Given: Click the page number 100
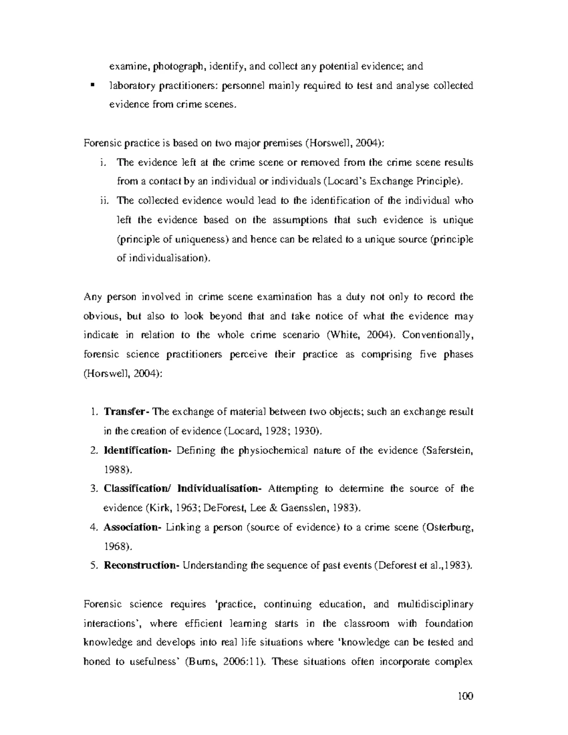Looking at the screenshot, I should [465, 696].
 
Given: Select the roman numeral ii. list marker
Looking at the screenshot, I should [104, 201].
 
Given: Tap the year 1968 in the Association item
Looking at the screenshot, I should [115, 546].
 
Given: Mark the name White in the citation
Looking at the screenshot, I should [340, 335].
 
